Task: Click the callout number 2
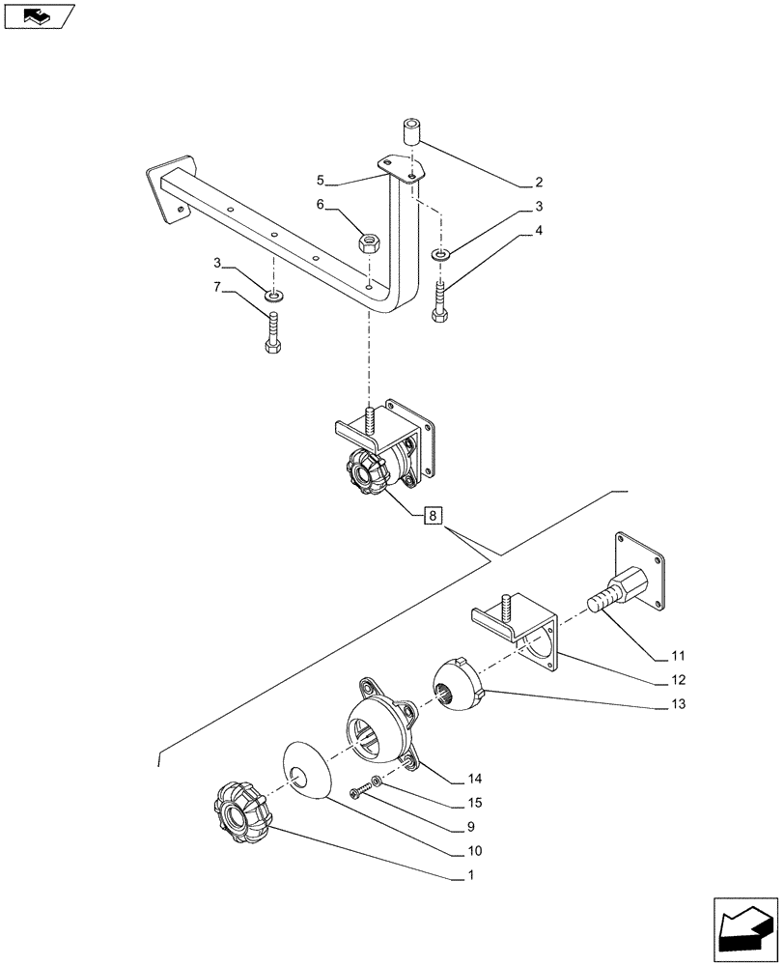(538, 182)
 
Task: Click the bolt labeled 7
(271, 333)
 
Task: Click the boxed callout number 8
(433, 516)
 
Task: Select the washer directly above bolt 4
(440, 254)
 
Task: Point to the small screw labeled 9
(361, 791)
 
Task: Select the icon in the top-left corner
(40, 15)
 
